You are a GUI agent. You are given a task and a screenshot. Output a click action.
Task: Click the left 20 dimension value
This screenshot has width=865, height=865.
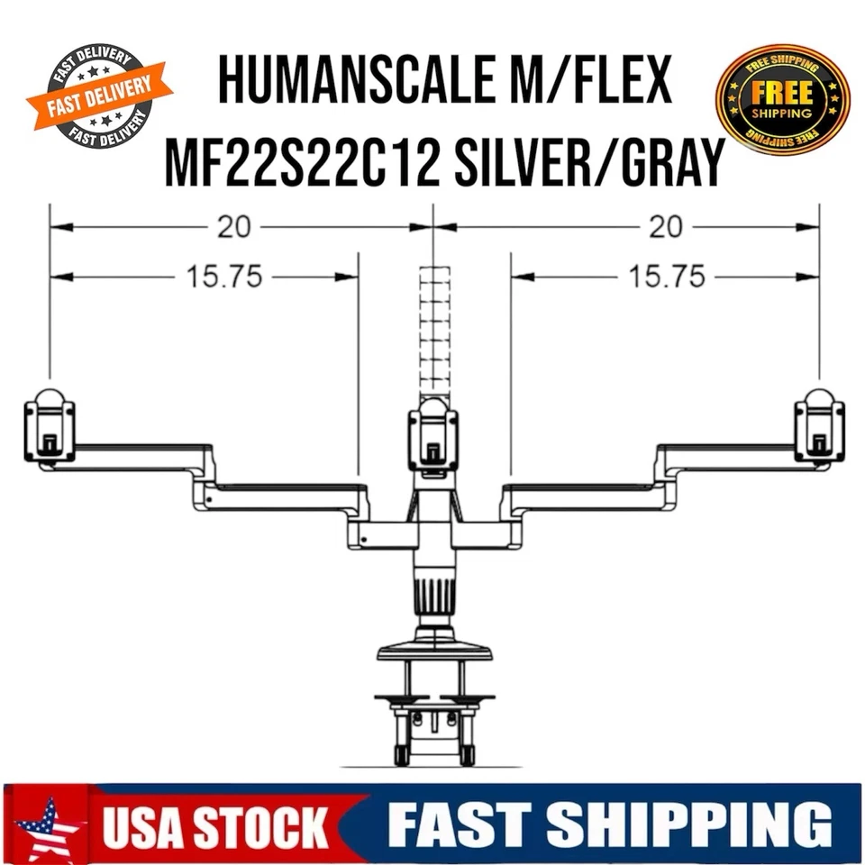point(233,227)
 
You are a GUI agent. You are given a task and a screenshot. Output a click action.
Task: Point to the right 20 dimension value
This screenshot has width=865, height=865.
point(666,227)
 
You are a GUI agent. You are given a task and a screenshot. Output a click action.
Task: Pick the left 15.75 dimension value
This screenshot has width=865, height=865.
point(224,277)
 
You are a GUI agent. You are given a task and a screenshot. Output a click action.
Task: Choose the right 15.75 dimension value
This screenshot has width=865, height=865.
point(667,277)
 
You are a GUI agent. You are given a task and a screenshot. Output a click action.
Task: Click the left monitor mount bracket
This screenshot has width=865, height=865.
point(50,429)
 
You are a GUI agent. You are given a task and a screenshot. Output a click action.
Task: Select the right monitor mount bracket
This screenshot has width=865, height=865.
point(818,429)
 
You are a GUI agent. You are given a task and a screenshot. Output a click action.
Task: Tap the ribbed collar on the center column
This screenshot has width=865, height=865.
point(434,597)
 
